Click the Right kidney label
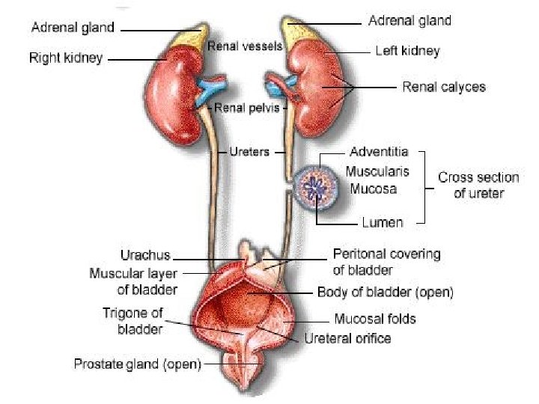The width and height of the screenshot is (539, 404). coord(66,57)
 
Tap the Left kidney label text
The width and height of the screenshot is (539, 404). coord(406,52)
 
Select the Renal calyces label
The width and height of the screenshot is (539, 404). coord(443,87)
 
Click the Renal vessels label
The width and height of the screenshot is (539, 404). coord(245,46)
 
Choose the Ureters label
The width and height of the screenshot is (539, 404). coord(248,153)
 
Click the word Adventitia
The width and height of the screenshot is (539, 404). coord(378,153)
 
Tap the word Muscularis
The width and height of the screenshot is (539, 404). coord(377,171)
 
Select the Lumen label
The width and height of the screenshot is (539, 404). coord(383,222)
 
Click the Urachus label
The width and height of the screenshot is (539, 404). coord(145,255)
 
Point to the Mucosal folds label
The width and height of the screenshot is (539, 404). coord(374,319)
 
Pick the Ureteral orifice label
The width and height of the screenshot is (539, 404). coord(347,338)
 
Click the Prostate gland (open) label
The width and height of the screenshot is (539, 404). coord(137,364)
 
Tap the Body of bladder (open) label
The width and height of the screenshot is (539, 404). coord(386,291)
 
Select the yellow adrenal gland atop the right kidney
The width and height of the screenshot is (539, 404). coord(192,37)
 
